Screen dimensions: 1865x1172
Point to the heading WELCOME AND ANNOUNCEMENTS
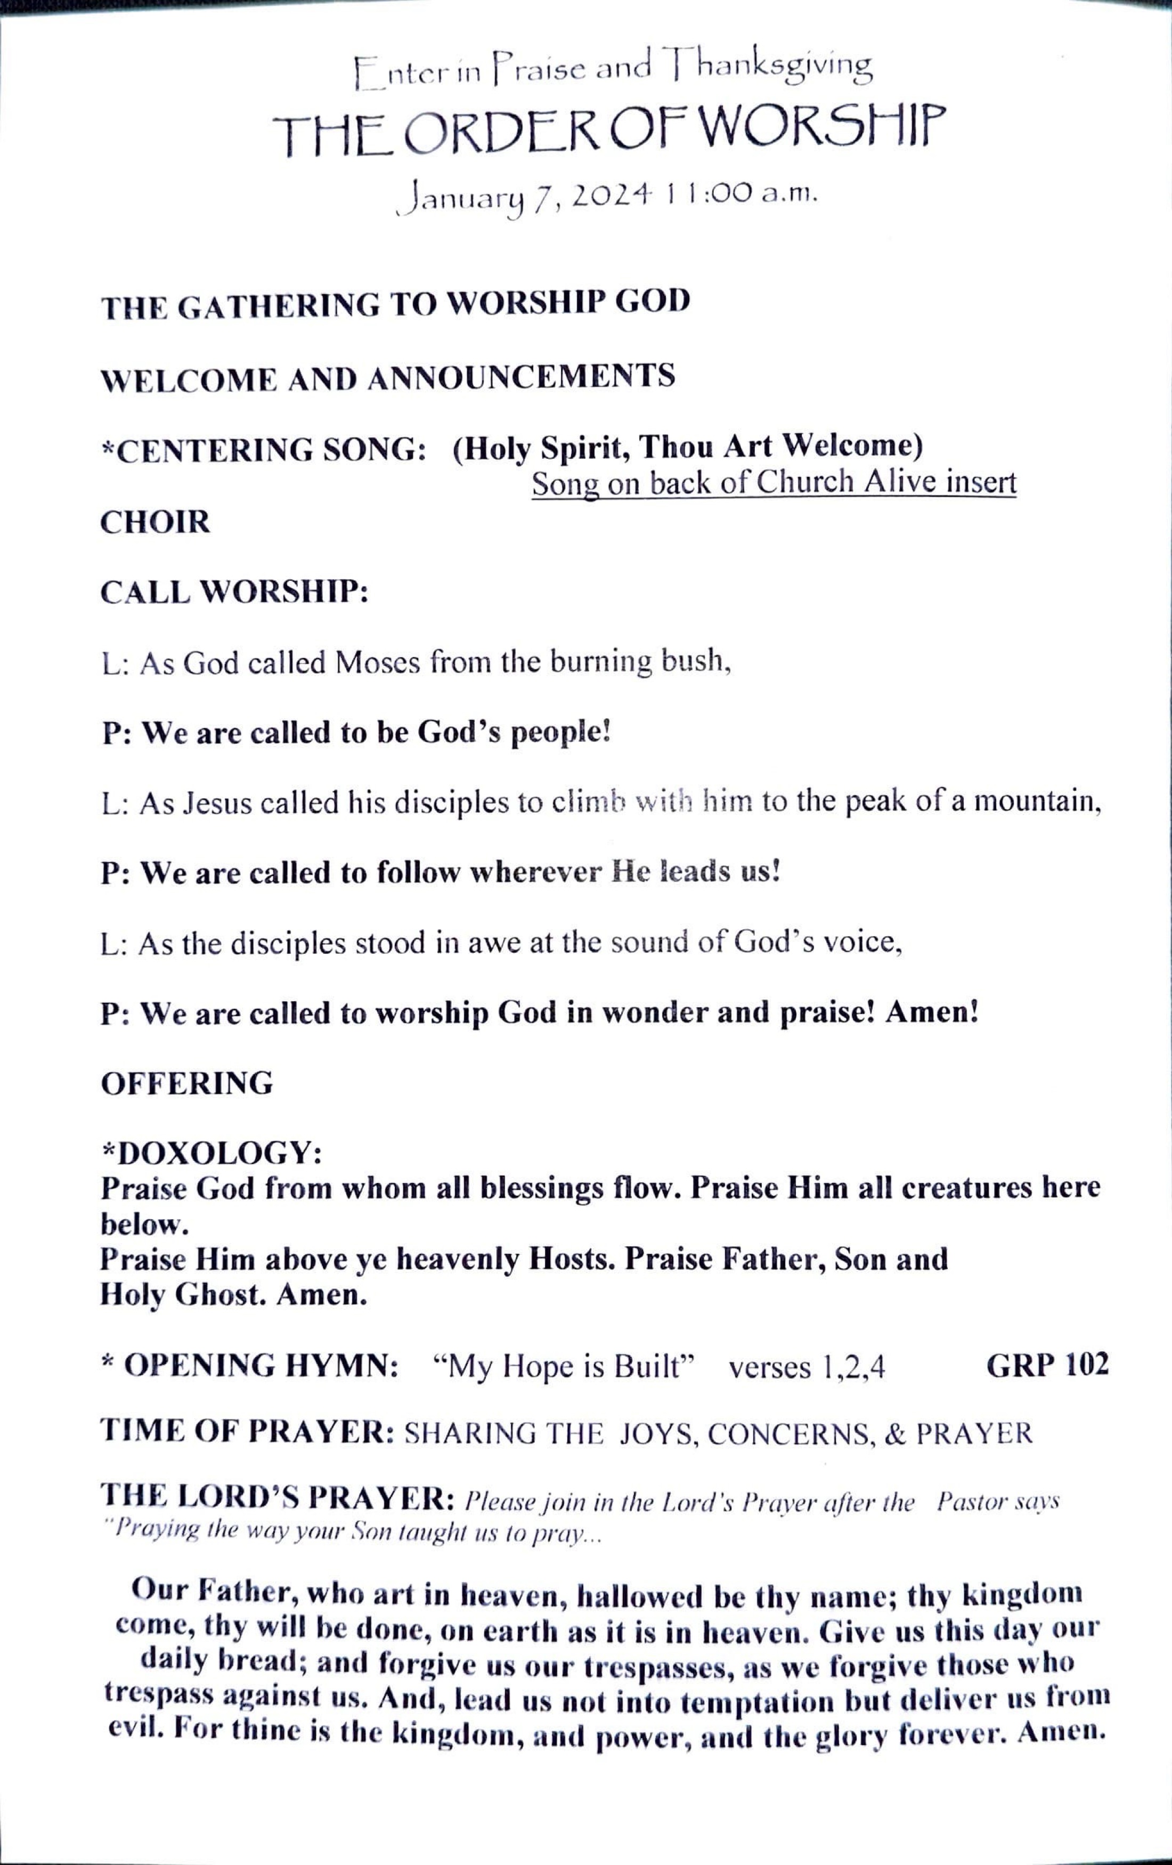(388, 378)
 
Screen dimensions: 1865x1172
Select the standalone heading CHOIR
(155, 522)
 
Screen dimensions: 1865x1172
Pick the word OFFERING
(186, 1083)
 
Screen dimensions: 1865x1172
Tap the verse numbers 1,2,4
(807, 1368)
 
